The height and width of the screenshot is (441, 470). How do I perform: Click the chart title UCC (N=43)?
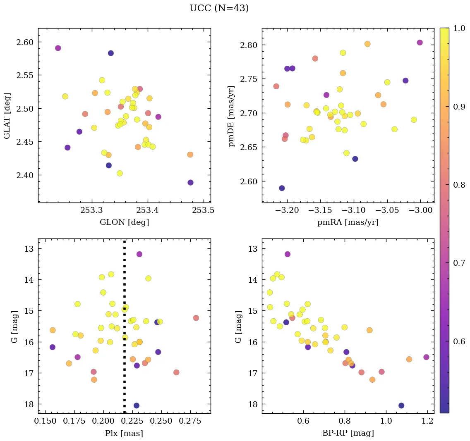click(219, 8)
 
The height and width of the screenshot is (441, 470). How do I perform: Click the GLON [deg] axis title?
click(124, 222)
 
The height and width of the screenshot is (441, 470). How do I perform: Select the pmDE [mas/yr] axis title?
click(231, 116)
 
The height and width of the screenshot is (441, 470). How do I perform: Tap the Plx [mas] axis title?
click(124, 433)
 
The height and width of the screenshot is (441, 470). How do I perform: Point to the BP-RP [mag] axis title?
click(348, 433)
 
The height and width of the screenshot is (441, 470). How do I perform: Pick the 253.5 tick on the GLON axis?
click(204, 210)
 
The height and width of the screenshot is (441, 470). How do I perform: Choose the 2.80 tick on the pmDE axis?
click(249, 45)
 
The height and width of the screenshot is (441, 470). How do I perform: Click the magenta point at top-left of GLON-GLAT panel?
click(58, 48)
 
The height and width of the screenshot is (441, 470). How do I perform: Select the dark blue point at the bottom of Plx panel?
click(137, 405)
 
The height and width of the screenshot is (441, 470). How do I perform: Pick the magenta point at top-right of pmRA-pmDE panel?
click(420, 43)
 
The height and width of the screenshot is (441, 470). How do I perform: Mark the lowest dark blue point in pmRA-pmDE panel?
click(282, 188)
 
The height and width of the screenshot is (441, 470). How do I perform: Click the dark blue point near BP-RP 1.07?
click(401, 405)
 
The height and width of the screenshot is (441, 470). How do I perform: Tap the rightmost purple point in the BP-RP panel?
click(427, 357)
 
